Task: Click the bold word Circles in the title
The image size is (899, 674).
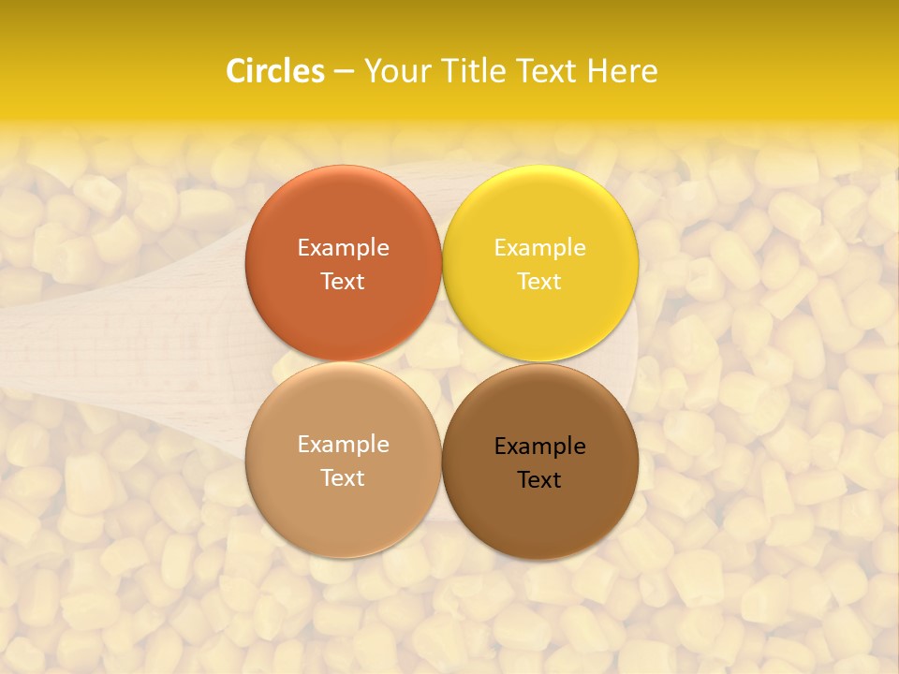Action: (274, 71)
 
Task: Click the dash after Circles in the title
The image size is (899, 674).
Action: (344, 72)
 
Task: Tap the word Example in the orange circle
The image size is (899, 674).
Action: (343, 248)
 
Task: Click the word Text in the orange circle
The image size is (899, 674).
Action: (343, 282)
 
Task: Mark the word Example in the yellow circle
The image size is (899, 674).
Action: (539, 248)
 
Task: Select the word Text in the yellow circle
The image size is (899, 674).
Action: (539, 282)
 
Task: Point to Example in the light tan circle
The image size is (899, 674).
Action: (343, 445)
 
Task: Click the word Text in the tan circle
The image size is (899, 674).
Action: (343, 478)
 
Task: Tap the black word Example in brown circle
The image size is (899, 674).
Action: (539, 447)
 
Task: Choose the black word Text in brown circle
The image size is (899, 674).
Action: (539, 480)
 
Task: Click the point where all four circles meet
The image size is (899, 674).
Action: (442, 362)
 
